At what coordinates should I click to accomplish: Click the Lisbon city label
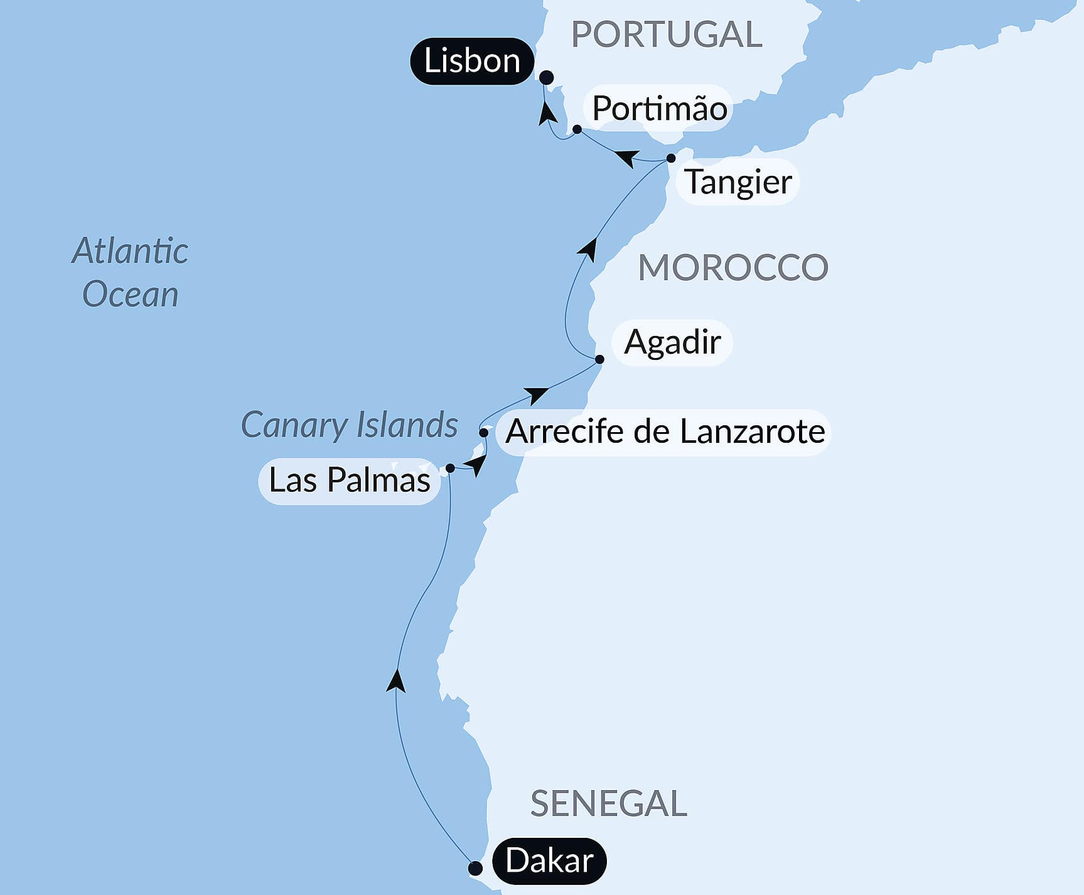click(x=472, y=61)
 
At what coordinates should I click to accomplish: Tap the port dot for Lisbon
click(x=547, y=77)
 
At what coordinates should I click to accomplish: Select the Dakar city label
click(x=549, y=860)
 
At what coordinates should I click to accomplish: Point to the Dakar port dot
click(x=476, y=869)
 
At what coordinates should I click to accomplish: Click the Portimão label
click(x=659, y=108)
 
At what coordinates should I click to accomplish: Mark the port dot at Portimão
click(x=577, y=129)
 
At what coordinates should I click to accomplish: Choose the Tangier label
click(x=738, y=182)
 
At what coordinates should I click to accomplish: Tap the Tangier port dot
click(x=671, y=158)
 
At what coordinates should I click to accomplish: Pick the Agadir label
click(x=672, y=342)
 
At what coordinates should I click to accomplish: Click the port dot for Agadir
click(x=599, y=359)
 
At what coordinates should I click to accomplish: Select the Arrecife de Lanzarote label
click(x=665, y=431)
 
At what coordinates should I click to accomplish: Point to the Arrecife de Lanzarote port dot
click(x=483, y=432)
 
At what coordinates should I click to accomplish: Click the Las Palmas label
click(x=349, y=480)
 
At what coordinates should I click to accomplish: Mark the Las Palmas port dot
click(x=450, y=468)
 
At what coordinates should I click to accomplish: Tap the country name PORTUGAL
click(x=667, y=34)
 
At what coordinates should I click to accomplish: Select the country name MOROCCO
click(x=733, y=268)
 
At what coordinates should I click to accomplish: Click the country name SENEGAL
click(x=608, y=803)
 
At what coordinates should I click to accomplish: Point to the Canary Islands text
click(x=349, y=425)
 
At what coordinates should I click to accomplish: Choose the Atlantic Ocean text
click(x=130, y=273)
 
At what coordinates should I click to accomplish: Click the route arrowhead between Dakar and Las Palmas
click(x=395, y=681)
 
